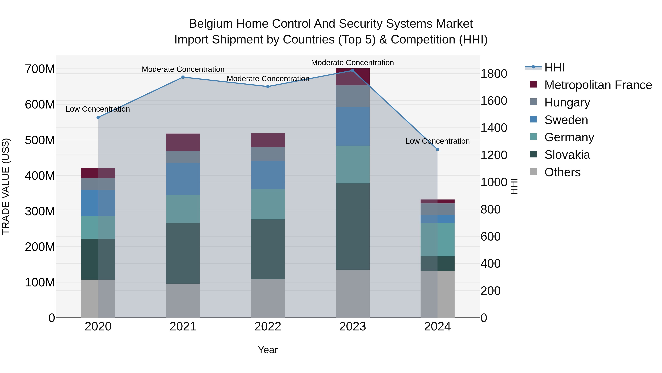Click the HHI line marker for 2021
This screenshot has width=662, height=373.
click(x=183, y=77)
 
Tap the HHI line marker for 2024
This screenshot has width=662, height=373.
click(x=437, y=150)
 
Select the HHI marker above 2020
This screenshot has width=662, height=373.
click(x=98, y=117)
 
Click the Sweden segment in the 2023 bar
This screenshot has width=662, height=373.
click(x=353, y=126)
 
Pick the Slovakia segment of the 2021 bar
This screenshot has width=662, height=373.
click(x=183, y=253)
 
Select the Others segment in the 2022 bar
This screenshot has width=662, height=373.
click(x=268, y=298)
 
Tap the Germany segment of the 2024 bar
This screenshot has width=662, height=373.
click(x=437, y=240)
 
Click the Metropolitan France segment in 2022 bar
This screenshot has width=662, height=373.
click(x=268, y=140)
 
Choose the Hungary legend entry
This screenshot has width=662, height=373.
click(x=567, y=102)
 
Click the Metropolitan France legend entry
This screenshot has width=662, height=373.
click(x=598, y=85)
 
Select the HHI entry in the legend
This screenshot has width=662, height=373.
click(x=554, y=67)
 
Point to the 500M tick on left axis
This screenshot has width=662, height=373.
click(x=40, y=140)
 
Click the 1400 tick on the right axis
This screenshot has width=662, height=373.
click(x=494, y=128)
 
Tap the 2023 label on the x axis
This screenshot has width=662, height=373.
click(x=353, y=327)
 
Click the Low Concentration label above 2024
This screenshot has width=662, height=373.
click(x=437, y=141)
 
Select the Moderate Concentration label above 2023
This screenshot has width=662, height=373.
click(x=352, y=63)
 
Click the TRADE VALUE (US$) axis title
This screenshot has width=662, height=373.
click(x=6, y=186)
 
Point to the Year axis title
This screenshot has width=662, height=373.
click(x=268, y=350)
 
